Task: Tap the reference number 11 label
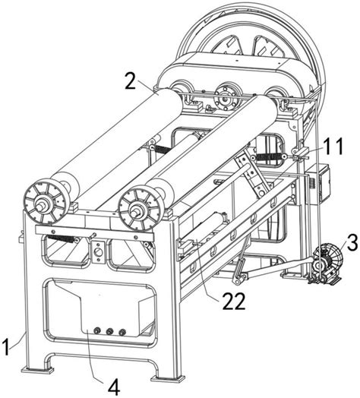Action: [x=333, y=146]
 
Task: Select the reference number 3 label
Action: [x=352, y=242]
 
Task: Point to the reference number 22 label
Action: [x=234, y=301]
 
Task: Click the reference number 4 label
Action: [x=114, y=387]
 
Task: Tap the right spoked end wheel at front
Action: [x=141, y=207]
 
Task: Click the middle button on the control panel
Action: [x=109, y=331]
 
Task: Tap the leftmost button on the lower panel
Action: [x=96, y=330]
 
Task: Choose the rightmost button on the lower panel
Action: [x=122, y=332]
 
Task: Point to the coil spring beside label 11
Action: [x=269, y=157]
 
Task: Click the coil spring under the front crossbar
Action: [x=62, y=238]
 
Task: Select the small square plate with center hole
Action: [x=98, y=252]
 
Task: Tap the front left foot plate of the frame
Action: [x=37, y=371]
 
